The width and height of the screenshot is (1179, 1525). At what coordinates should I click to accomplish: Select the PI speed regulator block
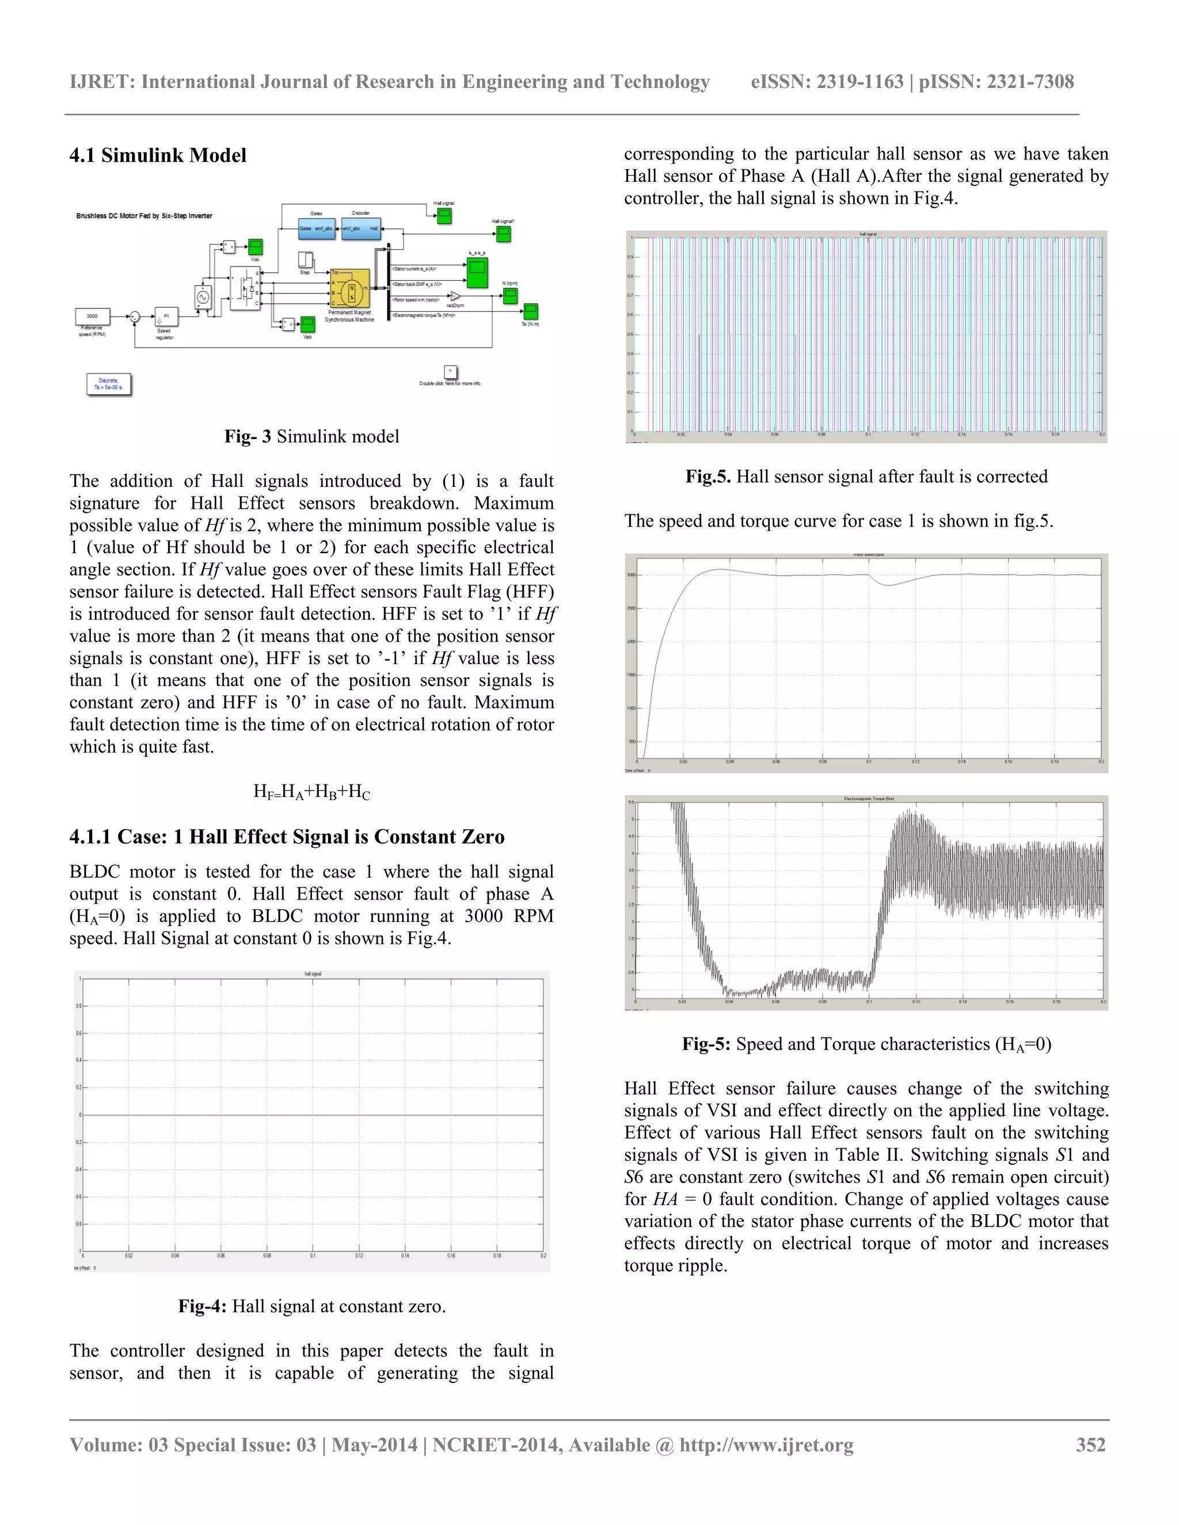coord(166,317)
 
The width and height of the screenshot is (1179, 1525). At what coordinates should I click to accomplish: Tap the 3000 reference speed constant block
coord(92,317)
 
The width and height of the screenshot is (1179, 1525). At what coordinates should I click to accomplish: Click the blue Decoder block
coord(361,228)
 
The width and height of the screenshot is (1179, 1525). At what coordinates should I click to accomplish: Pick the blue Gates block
coord(317,228)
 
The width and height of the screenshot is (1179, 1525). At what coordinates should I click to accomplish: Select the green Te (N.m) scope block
coord(531,311)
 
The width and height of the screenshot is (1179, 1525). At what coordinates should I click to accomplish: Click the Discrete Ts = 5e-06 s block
coord(109,384)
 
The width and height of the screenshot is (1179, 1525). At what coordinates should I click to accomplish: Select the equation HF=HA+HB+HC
coord(311,791)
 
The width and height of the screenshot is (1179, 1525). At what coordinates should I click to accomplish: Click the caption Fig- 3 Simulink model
coord(311,436)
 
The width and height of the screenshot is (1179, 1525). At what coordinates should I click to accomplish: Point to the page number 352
coord(1090,1444)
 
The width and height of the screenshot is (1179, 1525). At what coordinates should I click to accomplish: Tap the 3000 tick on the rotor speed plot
coord(631,575)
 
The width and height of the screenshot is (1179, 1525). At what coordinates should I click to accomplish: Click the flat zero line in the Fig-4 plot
coord(312,1115)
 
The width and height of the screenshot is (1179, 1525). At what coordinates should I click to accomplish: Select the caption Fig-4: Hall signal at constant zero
coord(311,1306)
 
